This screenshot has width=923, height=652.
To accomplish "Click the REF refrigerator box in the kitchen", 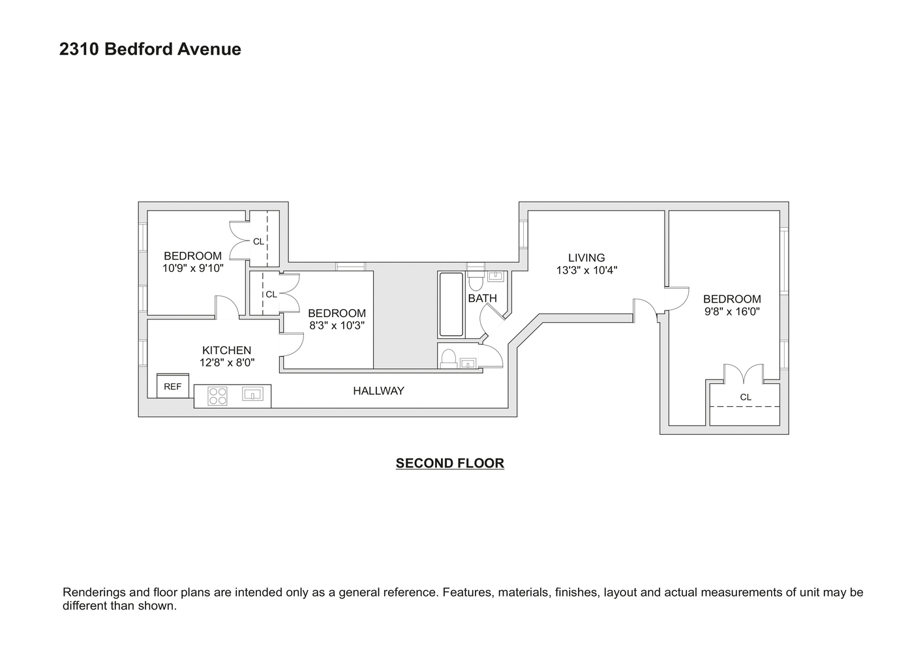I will point(173,386).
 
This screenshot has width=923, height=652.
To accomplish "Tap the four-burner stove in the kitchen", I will point(217,396).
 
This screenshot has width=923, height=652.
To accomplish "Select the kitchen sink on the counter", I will point(252,394).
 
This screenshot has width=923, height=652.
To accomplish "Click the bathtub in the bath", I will point(451,304).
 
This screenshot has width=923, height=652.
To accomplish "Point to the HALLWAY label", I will point(378,391).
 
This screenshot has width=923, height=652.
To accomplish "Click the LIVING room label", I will point(586,258).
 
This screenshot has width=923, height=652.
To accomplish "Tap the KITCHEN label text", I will point(226,350).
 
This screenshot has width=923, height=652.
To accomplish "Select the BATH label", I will point(482,298).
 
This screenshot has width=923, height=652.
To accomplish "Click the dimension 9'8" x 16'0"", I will point(732,312).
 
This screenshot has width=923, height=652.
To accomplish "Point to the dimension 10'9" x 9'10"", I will point(193,268).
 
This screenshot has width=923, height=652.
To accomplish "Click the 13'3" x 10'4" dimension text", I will point(586,270).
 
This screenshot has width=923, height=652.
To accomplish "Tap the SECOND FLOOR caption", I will point(450,464).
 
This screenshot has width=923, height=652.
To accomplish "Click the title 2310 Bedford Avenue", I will point(150,50).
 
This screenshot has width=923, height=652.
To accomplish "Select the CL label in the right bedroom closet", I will point(746,397).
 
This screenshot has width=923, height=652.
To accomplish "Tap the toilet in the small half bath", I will point(448,358).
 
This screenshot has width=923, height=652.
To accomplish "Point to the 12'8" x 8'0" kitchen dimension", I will point(226,363).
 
